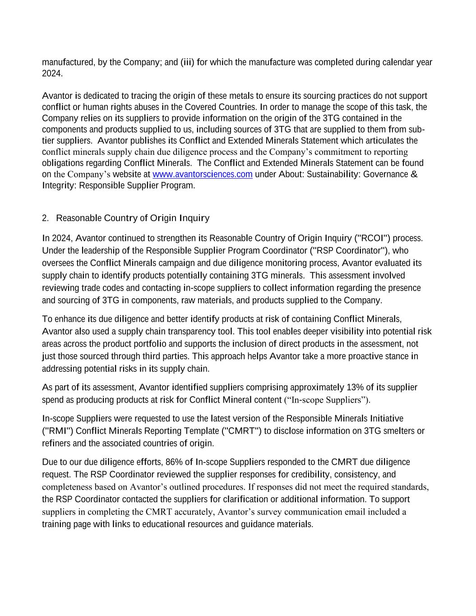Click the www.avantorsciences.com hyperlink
coord(202,175)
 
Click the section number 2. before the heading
coord(45,218)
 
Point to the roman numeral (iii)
coord(187,62)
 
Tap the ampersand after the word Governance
coord(414,175)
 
